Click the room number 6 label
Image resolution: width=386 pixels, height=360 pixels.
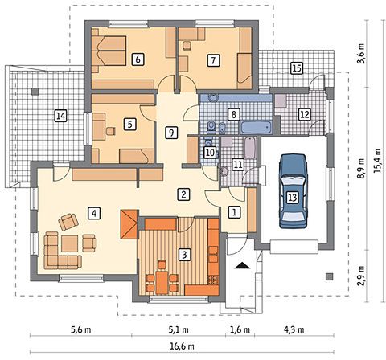138,59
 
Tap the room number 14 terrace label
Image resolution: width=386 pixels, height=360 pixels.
61,116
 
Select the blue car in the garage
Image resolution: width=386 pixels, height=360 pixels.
293,191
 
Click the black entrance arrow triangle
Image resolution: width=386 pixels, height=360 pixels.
242,265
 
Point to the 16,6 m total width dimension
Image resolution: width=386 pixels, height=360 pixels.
182,346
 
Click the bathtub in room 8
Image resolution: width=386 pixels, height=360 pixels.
256,128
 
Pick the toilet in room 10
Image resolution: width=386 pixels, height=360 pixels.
209,142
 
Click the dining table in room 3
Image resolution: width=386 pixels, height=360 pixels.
162,281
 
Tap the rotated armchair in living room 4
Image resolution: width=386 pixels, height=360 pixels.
68,222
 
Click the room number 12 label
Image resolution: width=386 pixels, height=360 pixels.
305,114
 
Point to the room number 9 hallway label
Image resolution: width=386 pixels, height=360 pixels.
171,133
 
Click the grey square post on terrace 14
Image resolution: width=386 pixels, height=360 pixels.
35,92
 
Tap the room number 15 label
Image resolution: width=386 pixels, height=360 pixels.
297,68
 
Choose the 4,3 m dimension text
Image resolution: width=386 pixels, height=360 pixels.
294,329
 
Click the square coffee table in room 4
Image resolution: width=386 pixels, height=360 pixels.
70,243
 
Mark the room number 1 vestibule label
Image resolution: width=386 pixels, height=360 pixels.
235,212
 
